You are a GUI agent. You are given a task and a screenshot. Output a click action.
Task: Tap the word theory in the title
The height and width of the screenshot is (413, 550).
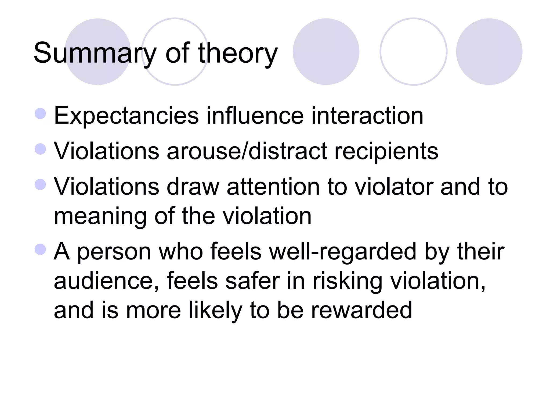[x=238, y=53]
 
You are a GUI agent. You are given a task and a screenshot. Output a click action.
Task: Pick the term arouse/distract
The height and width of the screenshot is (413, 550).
[x=247, y=151]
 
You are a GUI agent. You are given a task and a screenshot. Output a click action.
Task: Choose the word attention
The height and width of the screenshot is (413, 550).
[x=273, y=187]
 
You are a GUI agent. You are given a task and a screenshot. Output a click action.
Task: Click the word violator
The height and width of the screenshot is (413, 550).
[x=394, y=187]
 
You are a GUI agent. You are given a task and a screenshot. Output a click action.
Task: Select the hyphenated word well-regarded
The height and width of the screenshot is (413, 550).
[x=342, y=252]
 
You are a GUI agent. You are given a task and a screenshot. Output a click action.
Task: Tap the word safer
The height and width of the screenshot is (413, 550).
[x=253, y=281]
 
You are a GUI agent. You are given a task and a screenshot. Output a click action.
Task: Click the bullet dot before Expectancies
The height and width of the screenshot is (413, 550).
[x=41, y=113]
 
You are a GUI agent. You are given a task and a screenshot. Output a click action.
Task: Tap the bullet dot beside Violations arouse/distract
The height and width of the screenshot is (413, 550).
[x=41, y=149]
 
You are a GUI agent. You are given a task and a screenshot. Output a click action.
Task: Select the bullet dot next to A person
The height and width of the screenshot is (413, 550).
[x=41, y=249]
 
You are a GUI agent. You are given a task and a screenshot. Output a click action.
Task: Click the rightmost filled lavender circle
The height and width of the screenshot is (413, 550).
[x=489, y=52]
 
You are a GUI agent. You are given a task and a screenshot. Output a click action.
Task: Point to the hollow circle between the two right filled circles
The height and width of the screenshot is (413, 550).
[x=413, y=52]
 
